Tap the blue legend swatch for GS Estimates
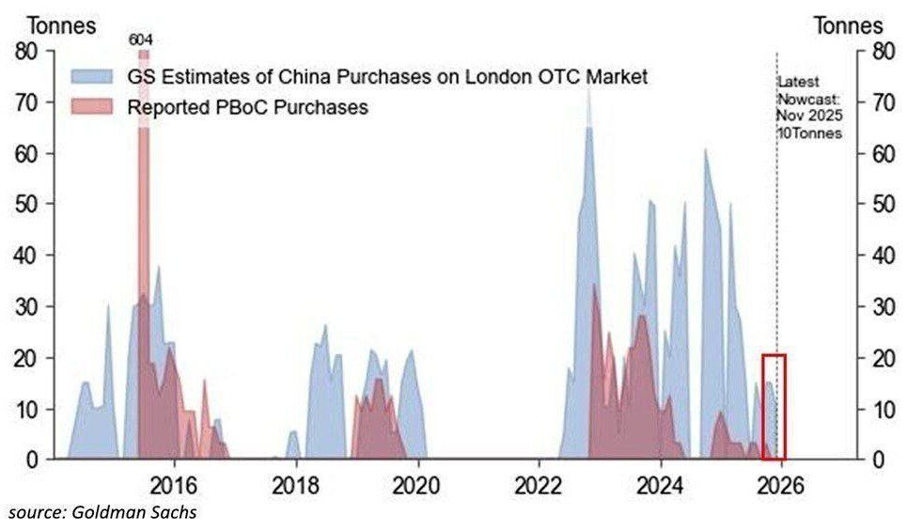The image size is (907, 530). pyautogui.click(x=91, y=76)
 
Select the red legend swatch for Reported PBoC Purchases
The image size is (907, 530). pyautogui.click(x=91, y=106)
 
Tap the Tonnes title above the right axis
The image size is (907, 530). pyautogui.click(x=848, y=25)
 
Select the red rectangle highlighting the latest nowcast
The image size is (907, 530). pyautogui.click(x=774, y=407)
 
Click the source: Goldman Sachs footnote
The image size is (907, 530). pyautogui.click(x=103, y=512)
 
